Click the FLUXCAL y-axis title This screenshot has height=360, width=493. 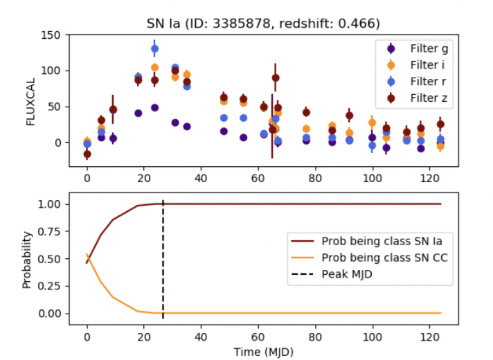(30, 100)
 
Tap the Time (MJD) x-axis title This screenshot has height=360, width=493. (264, 351)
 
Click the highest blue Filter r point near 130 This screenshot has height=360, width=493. (155, 49)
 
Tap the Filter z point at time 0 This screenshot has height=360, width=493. (87, 154)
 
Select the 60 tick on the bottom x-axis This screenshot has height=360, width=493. (258, 335)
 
